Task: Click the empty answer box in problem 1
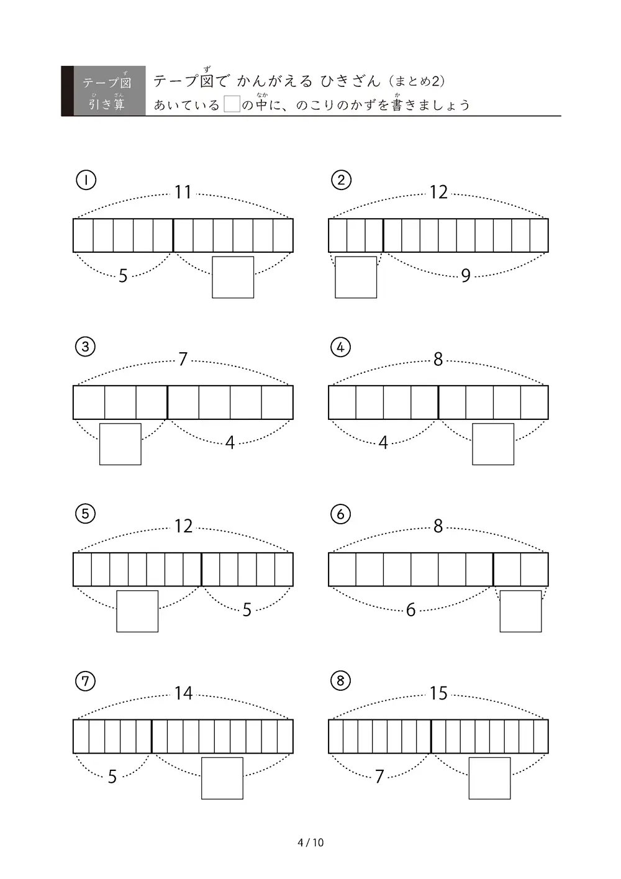[x=233, y=277]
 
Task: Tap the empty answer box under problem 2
[x=355, y=277]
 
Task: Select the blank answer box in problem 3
[x=120, y=444]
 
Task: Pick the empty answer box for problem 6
[x=520, y=611]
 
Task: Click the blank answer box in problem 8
[x=489, y=778]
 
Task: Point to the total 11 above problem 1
[x=183, y=193]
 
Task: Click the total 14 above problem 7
[x=183, y=693]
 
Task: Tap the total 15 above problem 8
[x=438, y=693]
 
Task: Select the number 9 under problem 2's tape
[x=466, y=275]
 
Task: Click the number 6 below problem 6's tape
[x=410, y=610]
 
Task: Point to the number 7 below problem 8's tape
[x=379, y=777]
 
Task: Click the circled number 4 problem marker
[x=340, y=347]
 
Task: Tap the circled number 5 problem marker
[x=85, y=514]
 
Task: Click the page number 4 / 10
[x=310, y=843]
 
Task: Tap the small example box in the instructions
[x=232, y=104]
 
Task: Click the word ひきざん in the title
[x=350, y=81]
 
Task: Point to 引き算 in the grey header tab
[x=106, y=104]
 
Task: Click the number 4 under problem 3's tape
[x=230, y=443]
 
